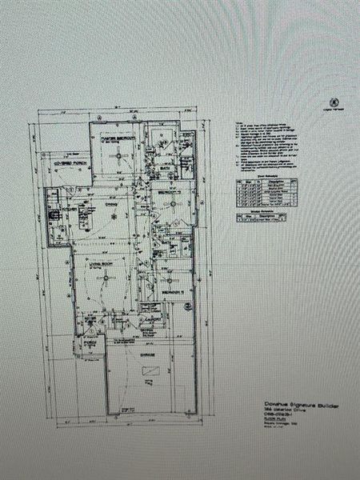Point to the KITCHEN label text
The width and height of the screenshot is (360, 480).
(x=80, y=210)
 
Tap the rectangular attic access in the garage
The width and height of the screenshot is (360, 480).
(x=150, y=374)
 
